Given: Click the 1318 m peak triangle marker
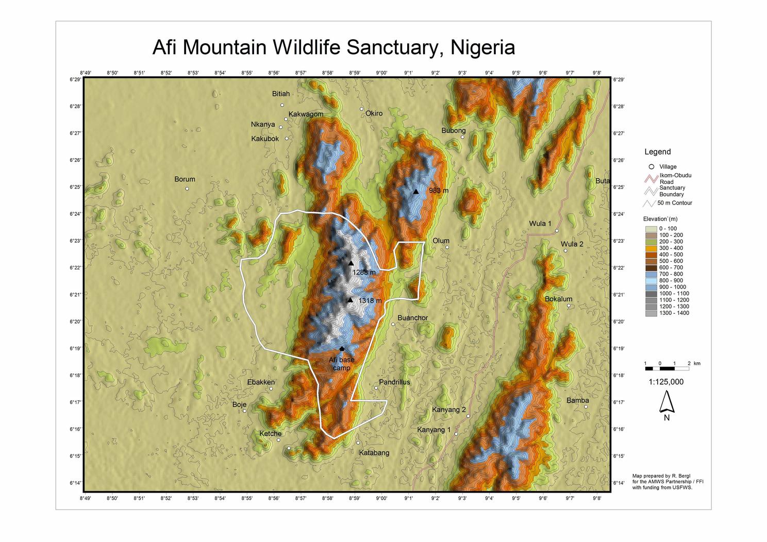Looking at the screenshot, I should [350, 300].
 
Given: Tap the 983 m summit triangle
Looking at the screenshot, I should [416, 191].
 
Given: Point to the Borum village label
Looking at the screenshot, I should [185, 179].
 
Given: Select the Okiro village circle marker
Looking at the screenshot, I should [362, 109].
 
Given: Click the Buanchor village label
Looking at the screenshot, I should [412, 318].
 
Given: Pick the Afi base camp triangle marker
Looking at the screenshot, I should [342, 349].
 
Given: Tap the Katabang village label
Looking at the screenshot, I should [374, 453].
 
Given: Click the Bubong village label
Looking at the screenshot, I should [453, 130].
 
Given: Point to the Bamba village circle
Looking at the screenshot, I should [586, 407].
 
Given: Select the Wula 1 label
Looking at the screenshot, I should [540, 224].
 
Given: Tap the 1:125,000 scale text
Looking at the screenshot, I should [666, 382].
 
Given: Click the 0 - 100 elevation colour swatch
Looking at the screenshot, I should [651, 229].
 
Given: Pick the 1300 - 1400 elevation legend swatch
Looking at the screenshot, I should [651, 313].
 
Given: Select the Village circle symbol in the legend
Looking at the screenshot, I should [652, 167].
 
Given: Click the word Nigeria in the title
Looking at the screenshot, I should [482, 47].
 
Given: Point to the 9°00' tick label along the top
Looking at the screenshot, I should [381, 73].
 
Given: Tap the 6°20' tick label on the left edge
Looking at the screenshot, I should [75, 321].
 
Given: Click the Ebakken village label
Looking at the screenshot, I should [261, 382].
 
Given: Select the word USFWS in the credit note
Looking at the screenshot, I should [681, 487].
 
